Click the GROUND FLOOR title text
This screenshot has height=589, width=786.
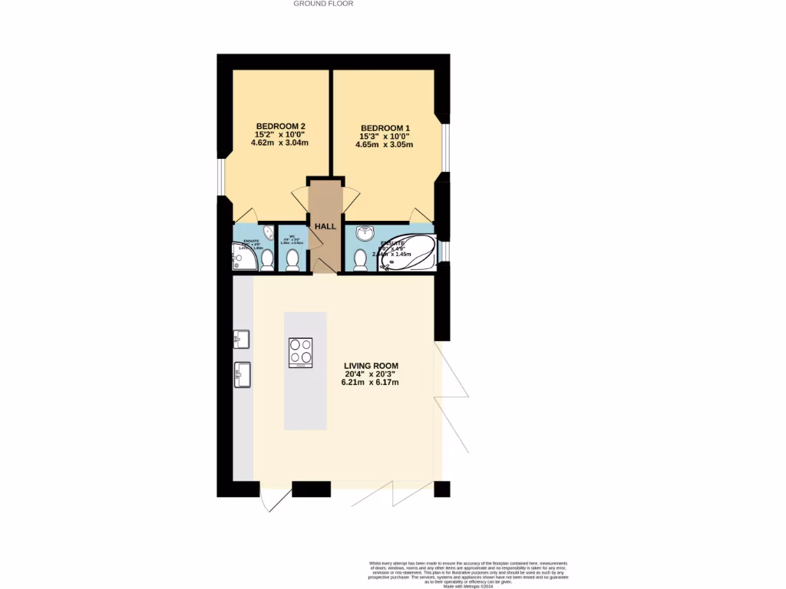pos(323,4)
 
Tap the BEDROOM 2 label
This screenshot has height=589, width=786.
pos(281,127)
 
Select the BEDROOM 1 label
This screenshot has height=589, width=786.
pos(385,127)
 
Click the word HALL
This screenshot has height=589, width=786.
pos(325,227)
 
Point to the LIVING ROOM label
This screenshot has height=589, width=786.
pos(372,366)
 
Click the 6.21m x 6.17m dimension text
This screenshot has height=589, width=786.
pos(372,382)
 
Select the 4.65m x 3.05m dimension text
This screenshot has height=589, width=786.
pos(385,144)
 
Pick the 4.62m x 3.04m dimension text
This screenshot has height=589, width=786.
pos(281,143)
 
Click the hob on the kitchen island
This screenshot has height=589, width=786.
pos(301,352)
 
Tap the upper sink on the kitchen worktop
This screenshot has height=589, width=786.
pos(242,339)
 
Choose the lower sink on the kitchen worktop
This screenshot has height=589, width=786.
pos(243,375)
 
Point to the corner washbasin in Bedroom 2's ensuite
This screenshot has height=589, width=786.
pos(268,232)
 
